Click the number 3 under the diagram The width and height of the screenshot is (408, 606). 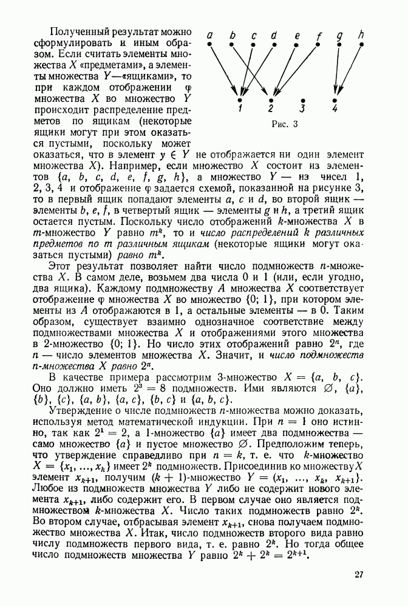[x=302, y=109]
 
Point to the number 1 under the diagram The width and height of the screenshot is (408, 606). [x=240, y=109]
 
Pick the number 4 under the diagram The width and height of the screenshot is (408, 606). [x=335, y=109]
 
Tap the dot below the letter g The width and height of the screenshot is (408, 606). [x=339, y=44]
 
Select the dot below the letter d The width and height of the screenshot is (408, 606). [x=274, y=44]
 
